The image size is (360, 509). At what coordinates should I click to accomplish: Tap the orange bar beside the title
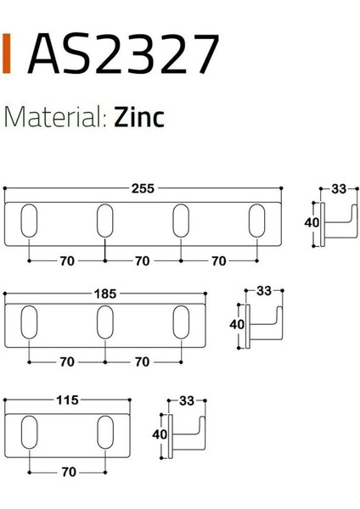pyautogui.click(x=8, y=54)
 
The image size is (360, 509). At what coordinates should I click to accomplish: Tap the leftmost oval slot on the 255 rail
pyautogui.click(x=30, y=221)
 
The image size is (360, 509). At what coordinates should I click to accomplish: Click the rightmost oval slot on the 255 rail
pyautogui.click(x=256, y=221)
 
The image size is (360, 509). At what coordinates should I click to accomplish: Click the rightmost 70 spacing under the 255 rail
pyautogui.click(x=218, y=261)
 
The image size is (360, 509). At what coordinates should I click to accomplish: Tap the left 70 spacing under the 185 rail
pyautogui.click(x=67, y=362)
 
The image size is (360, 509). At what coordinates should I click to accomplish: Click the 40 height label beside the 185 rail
pyautogui.click(x=237, y=323)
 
